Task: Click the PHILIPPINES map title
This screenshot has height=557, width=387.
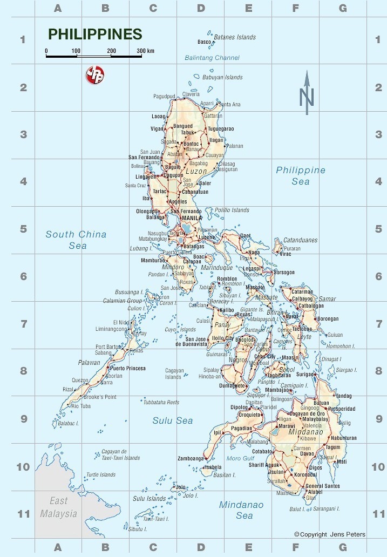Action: tap(95, 35)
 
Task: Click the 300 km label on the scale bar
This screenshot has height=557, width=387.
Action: tap(145, 51)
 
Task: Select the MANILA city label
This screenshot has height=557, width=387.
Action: tap(192, 218)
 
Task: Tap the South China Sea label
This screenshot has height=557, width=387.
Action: tap(76, 240)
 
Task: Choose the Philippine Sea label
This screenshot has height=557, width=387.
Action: tap(301, 175)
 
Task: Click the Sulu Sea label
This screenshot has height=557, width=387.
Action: tap(172, 420)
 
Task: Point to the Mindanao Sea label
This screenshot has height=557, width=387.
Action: tap(241, 510)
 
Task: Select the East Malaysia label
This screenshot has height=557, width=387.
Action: tap(59, 507)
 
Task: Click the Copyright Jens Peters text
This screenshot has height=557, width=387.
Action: tap(329, 534)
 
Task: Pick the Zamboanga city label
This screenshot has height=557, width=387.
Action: tap(191, 458)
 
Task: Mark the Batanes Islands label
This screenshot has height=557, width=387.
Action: tap(235, 37)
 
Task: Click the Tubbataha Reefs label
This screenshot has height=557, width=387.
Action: tap(161, 402)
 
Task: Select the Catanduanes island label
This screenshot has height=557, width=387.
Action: tap(300, 240)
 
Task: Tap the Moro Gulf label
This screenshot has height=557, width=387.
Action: tap(240, 458)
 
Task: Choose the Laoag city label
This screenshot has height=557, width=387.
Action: tap(158, 116)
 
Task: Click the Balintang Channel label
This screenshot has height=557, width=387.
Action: tap(212, 58)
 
